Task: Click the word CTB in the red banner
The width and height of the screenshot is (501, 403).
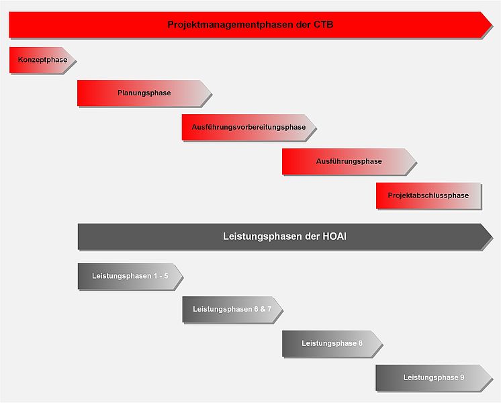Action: click(x=323, y=25)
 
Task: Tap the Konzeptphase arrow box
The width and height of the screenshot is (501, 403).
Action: click(x=42, y=60)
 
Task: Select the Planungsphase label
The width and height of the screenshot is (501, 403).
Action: click(x=144, y=93)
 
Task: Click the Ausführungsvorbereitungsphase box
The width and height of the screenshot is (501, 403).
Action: click(x=248, y=127)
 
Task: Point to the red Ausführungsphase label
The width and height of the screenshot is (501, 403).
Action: click(x=349, y=161)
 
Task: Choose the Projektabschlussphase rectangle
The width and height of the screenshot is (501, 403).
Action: click(x=428, y=195)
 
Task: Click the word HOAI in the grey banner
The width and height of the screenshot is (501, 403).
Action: click(x=334, y=236)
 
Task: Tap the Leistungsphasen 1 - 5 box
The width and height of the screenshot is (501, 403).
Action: click(x=130, y=277)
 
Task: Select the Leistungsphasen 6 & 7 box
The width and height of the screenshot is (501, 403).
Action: click(x=232, y=310)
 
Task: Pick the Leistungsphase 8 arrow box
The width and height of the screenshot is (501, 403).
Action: click(x=332, y=343)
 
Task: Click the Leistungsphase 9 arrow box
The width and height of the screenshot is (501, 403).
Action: click(x=434, y=377)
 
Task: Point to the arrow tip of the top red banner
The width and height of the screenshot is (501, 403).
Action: click(x=492, y=25)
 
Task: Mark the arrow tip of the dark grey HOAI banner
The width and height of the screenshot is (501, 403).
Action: click(x=492, y=237)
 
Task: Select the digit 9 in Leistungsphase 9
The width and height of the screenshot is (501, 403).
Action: click(x=462, y=377)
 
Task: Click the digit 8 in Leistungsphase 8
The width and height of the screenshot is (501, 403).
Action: click(x=361, y=343)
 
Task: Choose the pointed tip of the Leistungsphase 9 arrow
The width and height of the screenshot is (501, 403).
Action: click(x=492, y=377)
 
